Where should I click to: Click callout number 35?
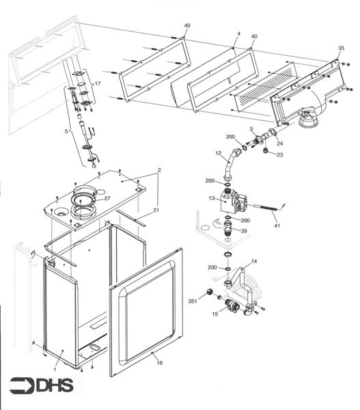[x=341, y=49]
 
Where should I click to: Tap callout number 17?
[x=98, y=83]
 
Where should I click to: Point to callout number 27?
[x=107, y=199]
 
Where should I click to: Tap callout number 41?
[x=277, y=225]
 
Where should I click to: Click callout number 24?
[x=279, y=143]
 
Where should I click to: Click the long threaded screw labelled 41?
[x=266, y=209]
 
